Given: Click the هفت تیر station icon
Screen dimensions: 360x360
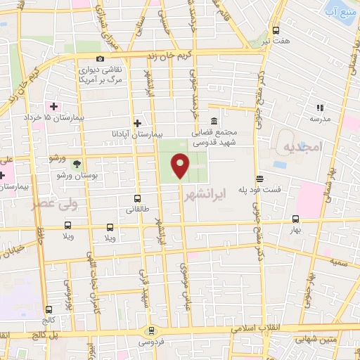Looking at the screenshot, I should pyautogui.click(x=276, y=30).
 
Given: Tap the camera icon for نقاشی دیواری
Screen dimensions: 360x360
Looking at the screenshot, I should pyautogui.click(x=101, y=58).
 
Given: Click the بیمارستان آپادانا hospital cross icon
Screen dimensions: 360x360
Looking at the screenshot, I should pyautogui.click(x=146, y=122).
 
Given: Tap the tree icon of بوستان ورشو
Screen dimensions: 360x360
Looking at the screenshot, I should pyautogui.click(x=76, y=162).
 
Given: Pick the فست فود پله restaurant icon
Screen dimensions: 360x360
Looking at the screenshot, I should pyautogui.click(x=259, y=179).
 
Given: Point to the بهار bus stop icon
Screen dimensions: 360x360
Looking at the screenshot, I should pyautogui.click(x=296, y=218).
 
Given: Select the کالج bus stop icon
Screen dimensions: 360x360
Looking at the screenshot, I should pyautogui.click(x=49, y=309).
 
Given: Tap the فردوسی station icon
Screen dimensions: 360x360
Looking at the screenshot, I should pyautogui.click(x=150, y=330).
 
